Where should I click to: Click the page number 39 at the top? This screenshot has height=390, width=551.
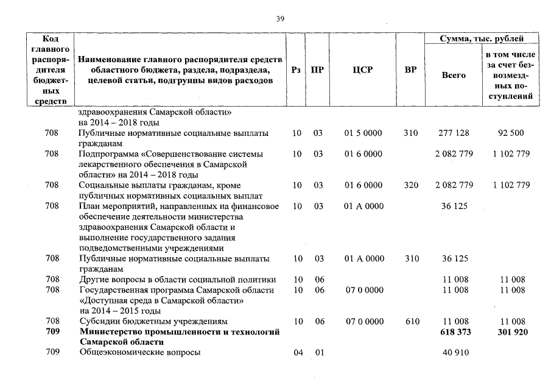(281, 19)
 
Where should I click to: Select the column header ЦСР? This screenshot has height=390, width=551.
(362, 70)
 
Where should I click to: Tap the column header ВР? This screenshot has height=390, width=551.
(410, 70)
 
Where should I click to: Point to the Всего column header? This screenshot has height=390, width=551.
(453, 75)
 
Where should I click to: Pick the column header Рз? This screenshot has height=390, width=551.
(297, 70)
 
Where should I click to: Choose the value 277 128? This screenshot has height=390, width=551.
(454, 133)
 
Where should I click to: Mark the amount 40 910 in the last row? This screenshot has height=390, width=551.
(455, 353)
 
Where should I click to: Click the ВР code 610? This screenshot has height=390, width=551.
(412, 321)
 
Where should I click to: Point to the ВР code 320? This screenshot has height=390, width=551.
(412, 185)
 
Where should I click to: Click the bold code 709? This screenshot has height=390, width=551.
(52, 332)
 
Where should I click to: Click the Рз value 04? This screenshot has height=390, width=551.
(298, 353)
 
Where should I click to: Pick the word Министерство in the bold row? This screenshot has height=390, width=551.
(111, 332)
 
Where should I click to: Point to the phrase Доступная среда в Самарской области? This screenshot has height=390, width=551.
(162, 300)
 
